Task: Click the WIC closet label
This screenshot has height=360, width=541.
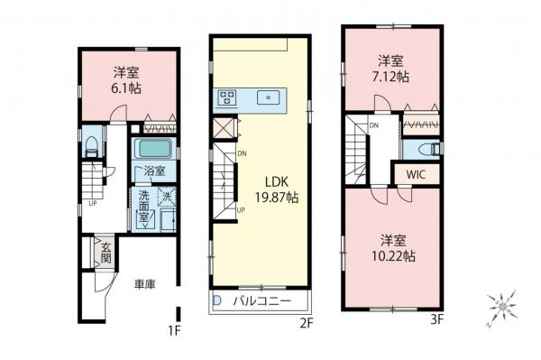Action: click(x=417, y=173)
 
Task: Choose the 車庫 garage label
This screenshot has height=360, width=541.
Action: click(x=145, y=285)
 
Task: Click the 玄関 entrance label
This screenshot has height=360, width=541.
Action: click(x=105, y=252)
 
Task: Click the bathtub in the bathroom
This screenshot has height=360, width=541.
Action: click(x=155, y=149)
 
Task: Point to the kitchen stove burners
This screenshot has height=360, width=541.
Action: click(x=225, y=97)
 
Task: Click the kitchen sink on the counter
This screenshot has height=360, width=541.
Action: click(x=268, y=97)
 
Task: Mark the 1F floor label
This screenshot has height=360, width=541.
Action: click(x=174, y=331)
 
